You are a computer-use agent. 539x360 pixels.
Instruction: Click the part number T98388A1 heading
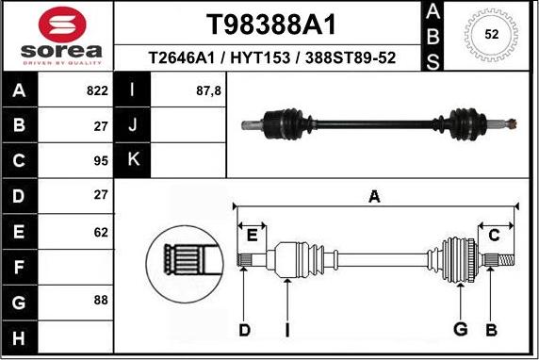click(271, 24)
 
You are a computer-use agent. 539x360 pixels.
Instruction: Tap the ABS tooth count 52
click(491, 34)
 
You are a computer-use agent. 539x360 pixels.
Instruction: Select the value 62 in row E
click(101, 230)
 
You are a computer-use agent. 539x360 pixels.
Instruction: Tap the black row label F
click(20, 266)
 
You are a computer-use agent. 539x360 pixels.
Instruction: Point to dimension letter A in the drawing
click(374, 197)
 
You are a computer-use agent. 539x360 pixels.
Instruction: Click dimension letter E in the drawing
click(252, 234)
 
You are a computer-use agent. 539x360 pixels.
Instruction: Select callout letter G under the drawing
click(461, 329)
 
